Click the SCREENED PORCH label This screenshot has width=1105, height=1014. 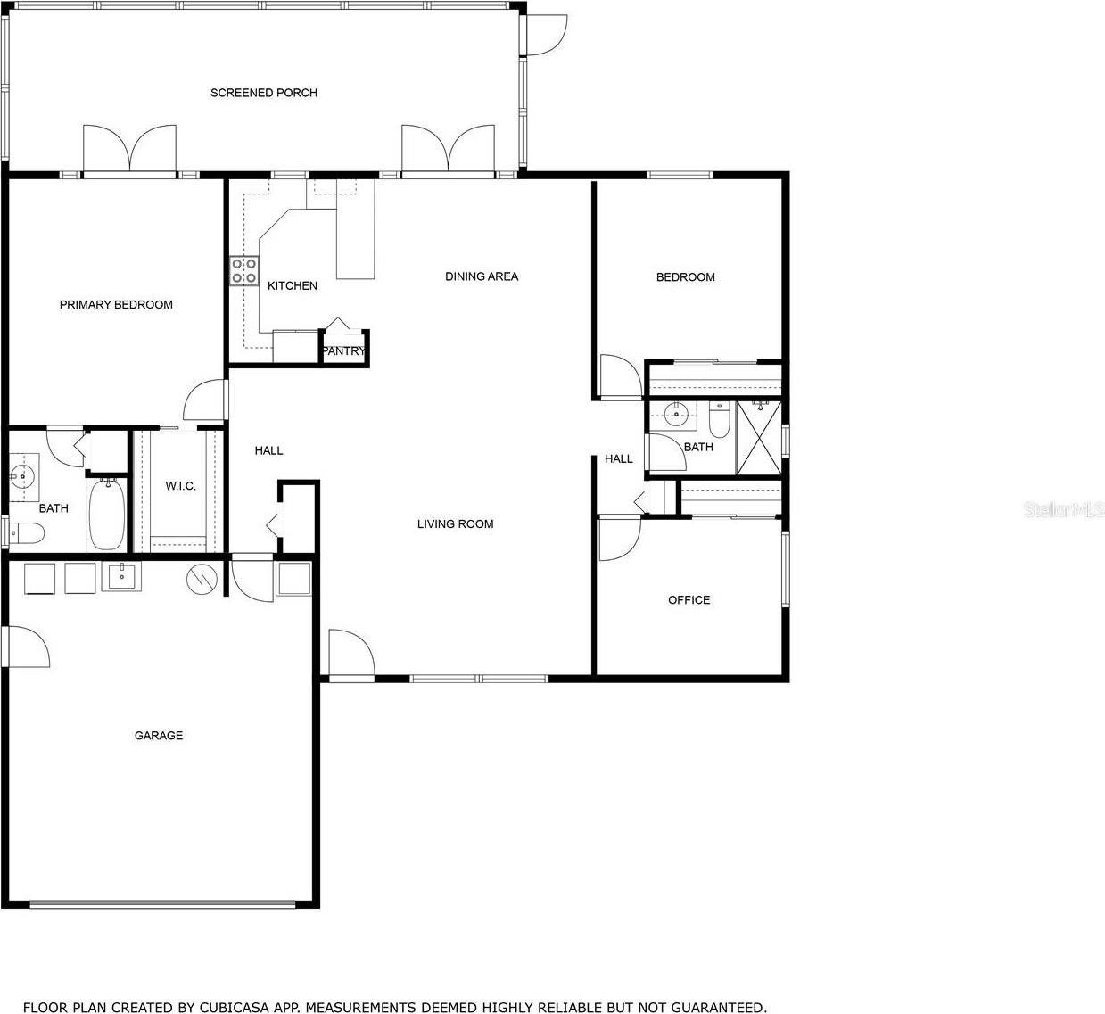(x=263, y=93)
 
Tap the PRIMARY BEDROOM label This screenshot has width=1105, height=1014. (x=116, y=305)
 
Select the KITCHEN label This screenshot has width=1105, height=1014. (x=293, y=286)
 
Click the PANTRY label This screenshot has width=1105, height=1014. (x=343, y=351)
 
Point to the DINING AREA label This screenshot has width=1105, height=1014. (x=482, y=276)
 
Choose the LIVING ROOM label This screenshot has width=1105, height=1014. (x=455, y=524)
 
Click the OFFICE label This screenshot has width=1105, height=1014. (x=689, y=600)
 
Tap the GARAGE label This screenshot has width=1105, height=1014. (x=159, y=736)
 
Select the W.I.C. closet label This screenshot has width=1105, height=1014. (x=180, y=486)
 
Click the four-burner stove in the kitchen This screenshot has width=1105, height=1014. (x=244, y=270)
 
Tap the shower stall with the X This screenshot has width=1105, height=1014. (x=758, y=438)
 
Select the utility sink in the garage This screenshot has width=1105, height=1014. (x=120, y=577)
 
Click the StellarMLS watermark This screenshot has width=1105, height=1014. (x=1064, y=510)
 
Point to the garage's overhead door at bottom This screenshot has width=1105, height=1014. (x=162, y=903)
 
